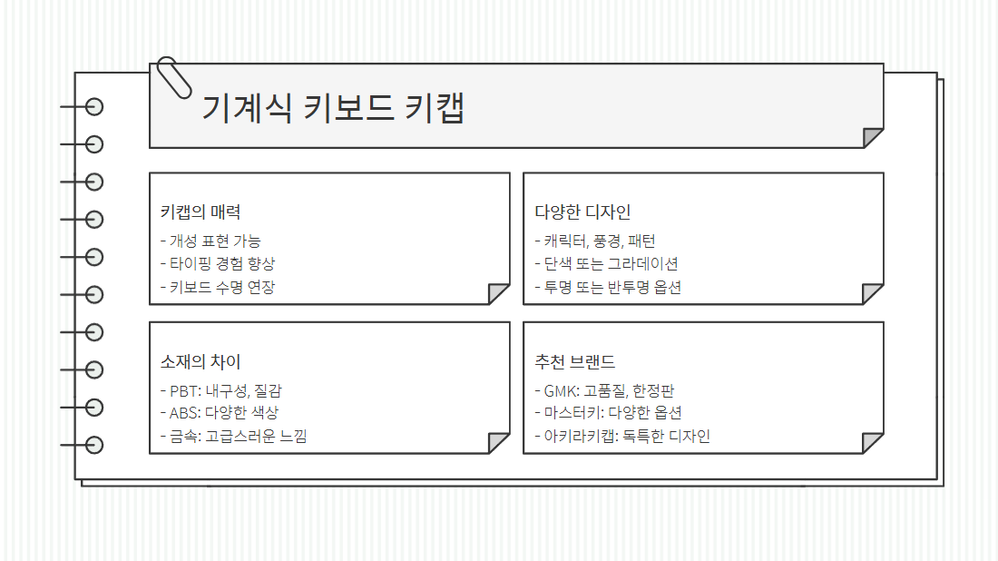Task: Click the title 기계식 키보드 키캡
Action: click(332, 108)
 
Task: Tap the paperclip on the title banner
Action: click(174, 76)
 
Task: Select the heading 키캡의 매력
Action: click(201, 212)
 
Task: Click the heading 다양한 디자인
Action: click(582, 212)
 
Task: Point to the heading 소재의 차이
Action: click(201, 362)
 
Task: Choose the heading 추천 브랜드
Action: click(575, 362)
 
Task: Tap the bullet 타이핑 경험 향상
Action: click(221, 264)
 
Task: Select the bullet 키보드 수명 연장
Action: click(221, 288)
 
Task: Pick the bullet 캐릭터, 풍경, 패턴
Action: click(599, 241)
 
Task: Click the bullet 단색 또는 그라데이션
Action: click(611, 264)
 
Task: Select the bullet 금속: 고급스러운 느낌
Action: click(238, 437)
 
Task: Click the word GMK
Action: click(560, 391)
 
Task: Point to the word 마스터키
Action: click(570, 413)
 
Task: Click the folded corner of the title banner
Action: click(873, 137)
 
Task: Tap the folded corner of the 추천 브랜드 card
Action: click(873, 443)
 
